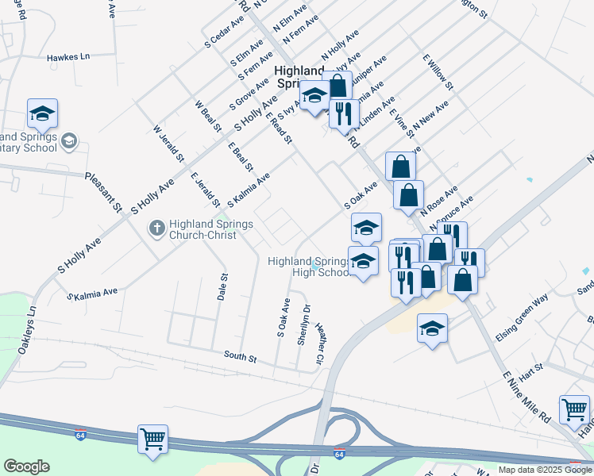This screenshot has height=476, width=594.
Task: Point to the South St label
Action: pos(240,358)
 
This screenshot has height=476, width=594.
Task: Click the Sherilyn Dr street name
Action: pos(303,324)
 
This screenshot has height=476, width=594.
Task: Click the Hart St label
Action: pos(531,368)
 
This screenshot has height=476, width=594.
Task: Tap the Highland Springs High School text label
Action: pos(310,267)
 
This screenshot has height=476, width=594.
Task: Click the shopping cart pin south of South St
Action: pos(152,439)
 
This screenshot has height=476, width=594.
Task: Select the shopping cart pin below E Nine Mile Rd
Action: pos(574,409)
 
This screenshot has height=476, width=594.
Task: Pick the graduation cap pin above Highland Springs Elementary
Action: pos(42,113)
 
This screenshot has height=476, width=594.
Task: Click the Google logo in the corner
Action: pos(26,466)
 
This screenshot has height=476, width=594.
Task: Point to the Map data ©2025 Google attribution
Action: pos(545,470)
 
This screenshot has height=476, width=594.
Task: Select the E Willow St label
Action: pos(438,72)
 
